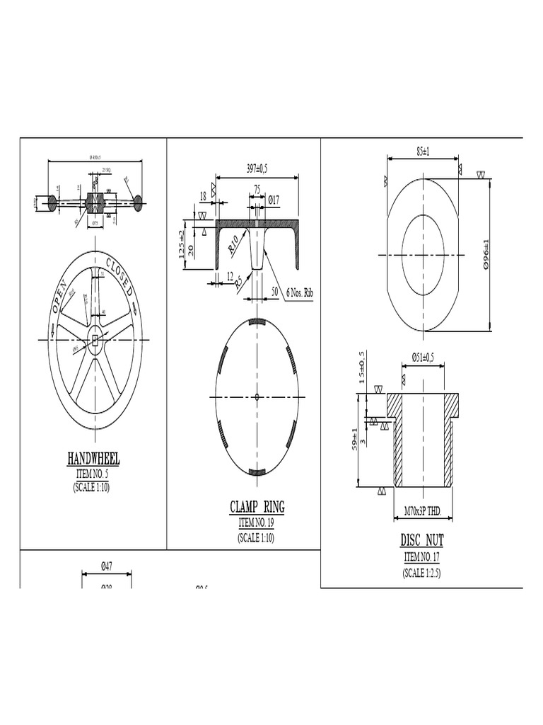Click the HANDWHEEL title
[93, 459]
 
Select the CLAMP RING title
[257, 507]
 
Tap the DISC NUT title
[422, 540]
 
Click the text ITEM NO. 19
[256, 523]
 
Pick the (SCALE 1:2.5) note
[422, 572]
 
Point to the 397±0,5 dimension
[257, 169]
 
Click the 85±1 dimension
[424, 151]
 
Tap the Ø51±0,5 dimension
[423, 358]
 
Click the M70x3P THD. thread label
[423, 510]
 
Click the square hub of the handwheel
[94, 341]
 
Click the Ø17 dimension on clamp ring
[272, 200]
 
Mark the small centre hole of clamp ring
[257, 396]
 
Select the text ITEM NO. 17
[422, 557]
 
